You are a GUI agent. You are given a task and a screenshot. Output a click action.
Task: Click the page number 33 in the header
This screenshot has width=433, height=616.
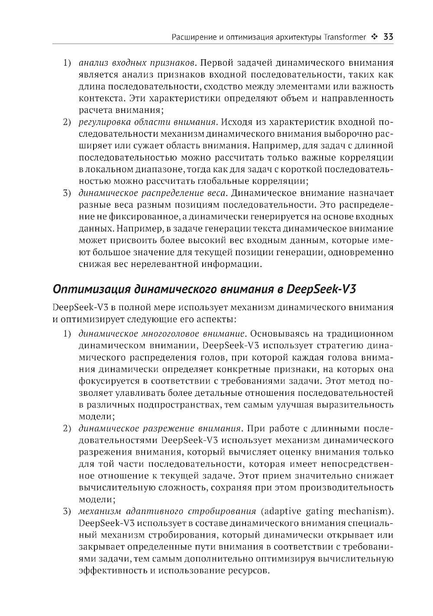point(388,37)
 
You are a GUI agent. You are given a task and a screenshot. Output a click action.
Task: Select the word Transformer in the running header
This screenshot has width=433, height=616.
point(344,37)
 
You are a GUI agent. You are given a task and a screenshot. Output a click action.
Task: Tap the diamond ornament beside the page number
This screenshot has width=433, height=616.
point(374,37)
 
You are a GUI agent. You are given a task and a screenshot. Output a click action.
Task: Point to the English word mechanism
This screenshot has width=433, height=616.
point(362,511)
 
